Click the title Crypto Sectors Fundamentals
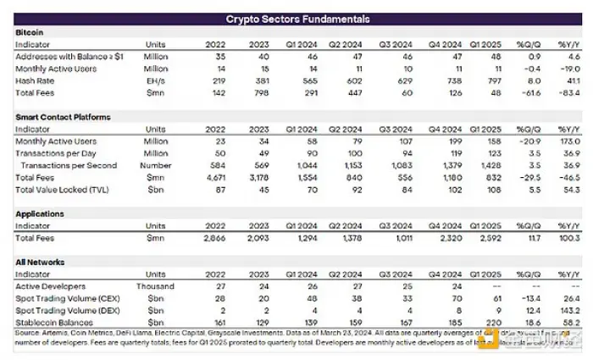pos(297,18)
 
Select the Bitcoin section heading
pos(30,32)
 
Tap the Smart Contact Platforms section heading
pos(64,117)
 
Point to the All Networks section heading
pos(41,263)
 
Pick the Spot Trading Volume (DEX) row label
pos(65,311)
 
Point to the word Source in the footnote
pos(29,334)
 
